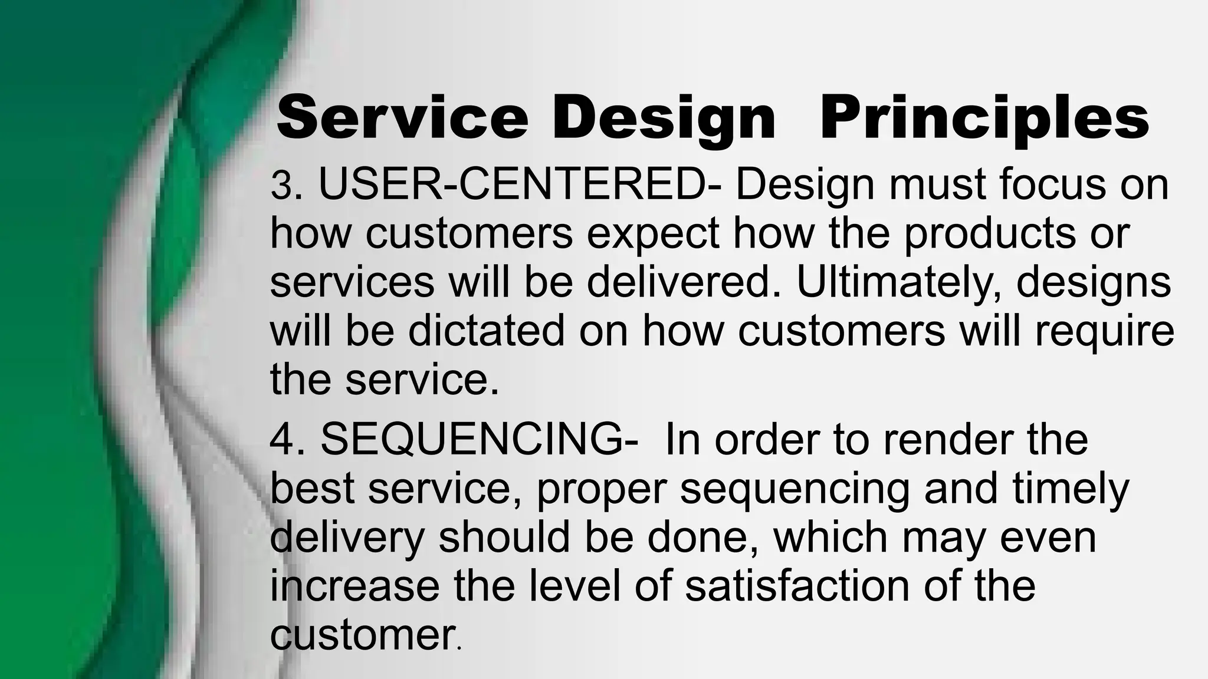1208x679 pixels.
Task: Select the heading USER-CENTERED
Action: tap(512, 184)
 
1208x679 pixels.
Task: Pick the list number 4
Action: tap(281, 440)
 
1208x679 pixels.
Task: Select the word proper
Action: tap(601, 489)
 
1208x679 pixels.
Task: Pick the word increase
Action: tap(354, 586)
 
